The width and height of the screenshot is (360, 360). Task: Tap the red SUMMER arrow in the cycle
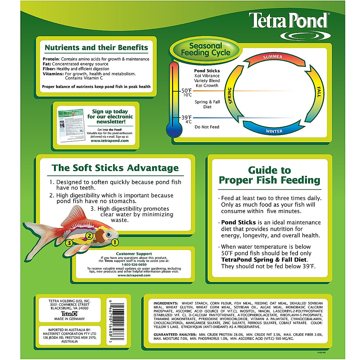pos(272,57)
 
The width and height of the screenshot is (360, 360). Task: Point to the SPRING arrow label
pos(230,95)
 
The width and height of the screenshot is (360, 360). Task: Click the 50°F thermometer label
pos(186,91)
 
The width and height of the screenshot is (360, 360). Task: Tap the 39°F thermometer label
pos(186,118)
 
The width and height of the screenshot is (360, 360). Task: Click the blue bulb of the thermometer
pos(174,130)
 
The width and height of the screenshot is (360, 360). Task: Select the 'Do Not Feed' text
pos(207,127)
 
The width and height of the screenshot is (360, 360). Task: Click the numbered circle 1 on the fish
pos(115,242)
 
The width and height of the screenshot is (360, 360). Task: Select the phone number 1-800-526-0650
pos(134,265)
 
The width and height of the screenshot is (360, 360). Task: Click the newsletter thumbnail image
pos(70,126)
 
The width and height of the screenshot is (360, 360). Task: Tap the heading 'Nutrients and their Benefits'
pos(96,47)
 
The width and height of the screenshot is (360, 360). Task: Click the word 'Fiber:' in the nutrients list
pos(49,69)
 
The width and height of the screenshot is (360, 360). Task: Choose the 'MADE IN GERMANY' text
pos(70,319)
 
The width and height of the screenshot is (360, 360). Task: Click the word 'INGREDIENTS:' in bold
pos(166,303)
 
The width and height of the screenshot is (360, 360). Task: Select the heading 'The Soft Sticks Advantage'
pos(115,168)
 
